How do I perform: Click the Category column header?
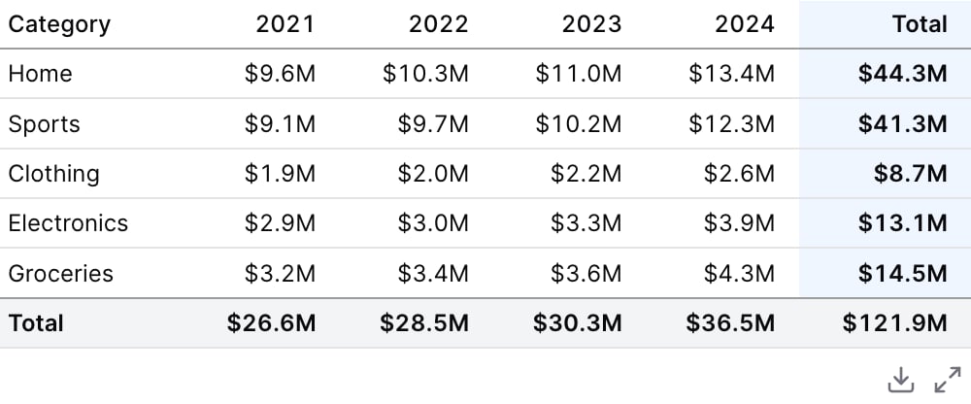[x=59, y=25]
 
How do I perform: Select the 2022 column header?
[x=439, y=24]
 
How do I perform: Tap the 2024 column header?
[x=745, y=24]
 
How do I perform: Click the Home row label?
[x=40, y=74]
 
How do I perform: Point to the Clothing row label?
[x=53, y=174]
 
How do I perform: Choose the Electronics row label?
[x=68, y=223]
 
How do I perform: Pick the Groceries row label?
[x=60, y=273]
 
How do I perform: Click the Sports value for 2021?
[x=280, y=124]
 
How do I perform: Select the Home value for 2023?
[x=579, y=74]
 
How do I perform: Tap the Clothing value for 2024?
[x=739, y=174]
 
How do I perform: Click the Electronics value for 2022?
[x=433, y=223]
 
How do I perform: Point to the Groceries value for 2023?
[x=586, y=273]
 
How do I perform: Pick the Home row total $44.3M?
[x=903, y=74]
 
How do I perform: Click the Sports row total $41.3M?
[x=903, y=124]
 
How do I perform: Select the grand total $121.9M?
[x=895, y=322]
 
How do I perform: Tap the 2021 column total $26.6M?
[x=271, y=322]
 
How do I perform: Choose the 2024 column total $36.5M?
[x=730, y=322]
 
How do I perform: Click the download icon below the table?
[x=901, y=380]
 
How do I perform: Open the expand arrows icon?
[x=948, y=380]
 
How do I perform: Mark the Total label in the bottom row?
[x=36, y=322]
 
